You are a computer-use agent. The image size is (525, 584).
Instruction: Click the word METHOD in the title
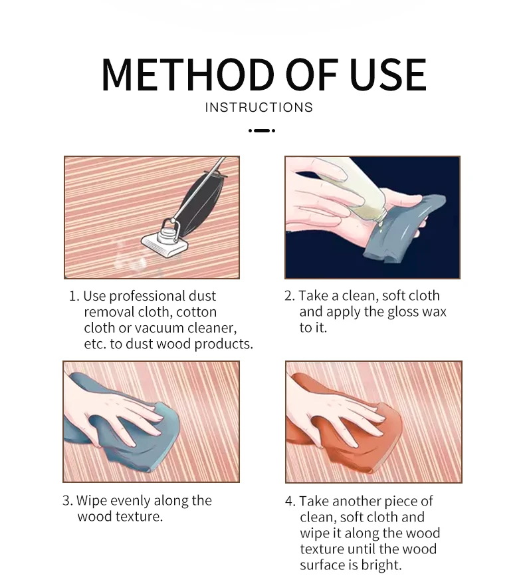coord(188,74)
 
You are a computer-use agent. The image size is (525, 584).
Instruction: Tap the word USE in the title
coord(387,74)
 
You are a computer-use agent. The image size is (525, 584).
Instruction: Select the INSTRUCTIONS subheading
coord(259,107)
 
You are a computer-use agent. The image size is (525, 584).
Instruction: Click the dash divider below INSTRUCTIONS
coord(262,131)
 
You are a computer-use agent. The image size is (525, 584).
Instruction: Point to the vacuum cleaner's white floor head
coord(165,243)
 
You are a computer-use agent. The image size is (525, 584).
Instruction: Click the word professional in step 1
coord(148,297)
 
